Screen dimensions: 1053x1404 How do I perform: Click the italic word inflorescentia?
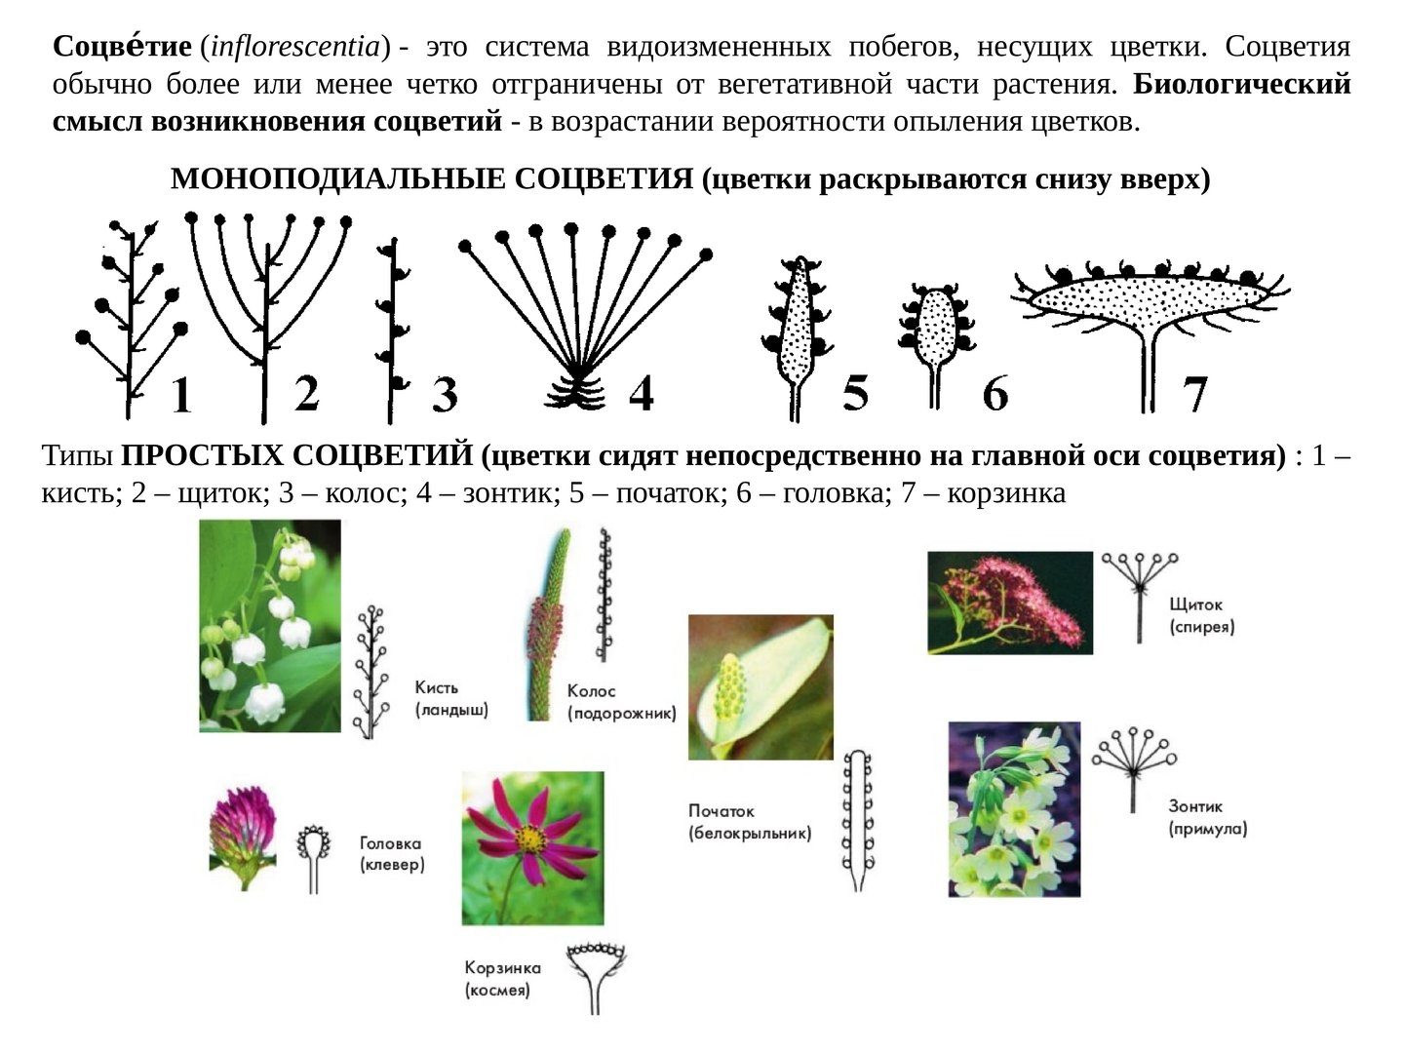tap(294, 47)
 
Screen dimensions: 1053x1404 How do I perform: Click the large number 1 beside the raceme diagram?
tap(180, 395)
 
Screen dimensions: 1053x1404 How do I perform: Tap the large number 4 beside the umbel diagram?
tap(641, 393)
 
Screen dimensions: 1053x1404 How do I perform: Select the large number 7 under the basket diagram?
tap(1195, 394)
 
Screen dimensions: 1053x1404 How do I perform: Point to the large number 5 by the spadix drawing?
tap(855, 393)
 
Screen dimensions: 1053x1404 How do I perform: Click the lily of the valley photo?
tap(270, 625)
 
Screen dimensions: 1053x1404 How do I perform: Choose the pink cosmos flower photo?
tap(532, 848)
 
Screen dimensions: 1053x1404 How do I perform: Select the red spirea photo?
tap(1009, 603)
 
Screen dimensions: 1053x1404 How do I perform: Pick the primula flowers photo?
tap(1014, 809)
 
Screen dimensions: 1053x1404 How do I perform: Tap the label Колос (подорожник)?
tap(621, 702)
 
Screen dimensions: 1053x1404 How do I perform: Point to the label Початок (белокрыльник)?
tap(749, 822)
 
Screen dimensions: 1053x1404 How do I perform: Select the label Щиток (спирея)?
tap(1201, 615)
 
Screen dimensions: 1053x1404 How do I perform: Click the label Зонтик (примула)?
tap(1207, 817)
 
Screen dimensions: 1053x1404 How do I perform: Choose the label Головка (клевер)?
tap(392, 854)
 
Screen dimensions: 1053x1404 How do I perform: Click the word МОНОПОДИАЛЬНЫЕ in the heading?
tap(337, 179)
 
